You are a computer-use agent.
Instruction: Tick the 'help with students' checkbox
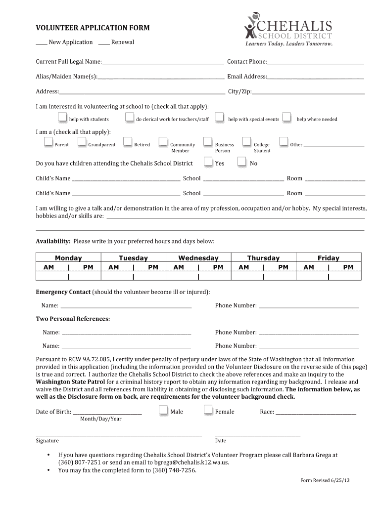click(62, 117)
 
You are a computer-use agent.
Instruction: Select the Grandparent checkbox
click(82, 142)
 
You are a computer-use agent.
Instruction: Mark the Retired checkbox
click(128, 142)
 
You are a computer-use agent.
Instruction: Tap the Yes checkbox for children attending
click(208, 162)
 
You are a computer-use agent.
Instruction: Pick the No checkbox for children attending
click(242, 162)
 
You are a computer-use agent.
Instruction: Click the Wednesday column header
click(198, 258)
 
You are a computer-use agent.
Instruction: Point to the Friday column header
click(329, 258)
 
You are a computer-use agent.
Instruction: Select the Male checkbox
click(163, 410)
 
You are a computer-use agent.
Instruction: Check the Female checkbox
click(208, 410)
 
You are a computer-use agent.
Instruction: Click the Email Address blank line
click(316, 78)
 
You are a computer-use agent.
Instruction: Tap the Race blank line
click(316, 413)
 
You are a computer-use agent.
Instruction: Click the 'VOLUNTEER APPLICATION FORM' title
click(93, 28)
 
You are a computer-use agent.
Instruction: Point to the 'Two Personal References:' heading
click(73, 319)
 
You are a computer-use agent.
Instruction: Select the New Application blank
click(42, 44)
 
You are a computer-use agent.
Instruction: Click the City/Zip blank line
click(308, 93)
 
